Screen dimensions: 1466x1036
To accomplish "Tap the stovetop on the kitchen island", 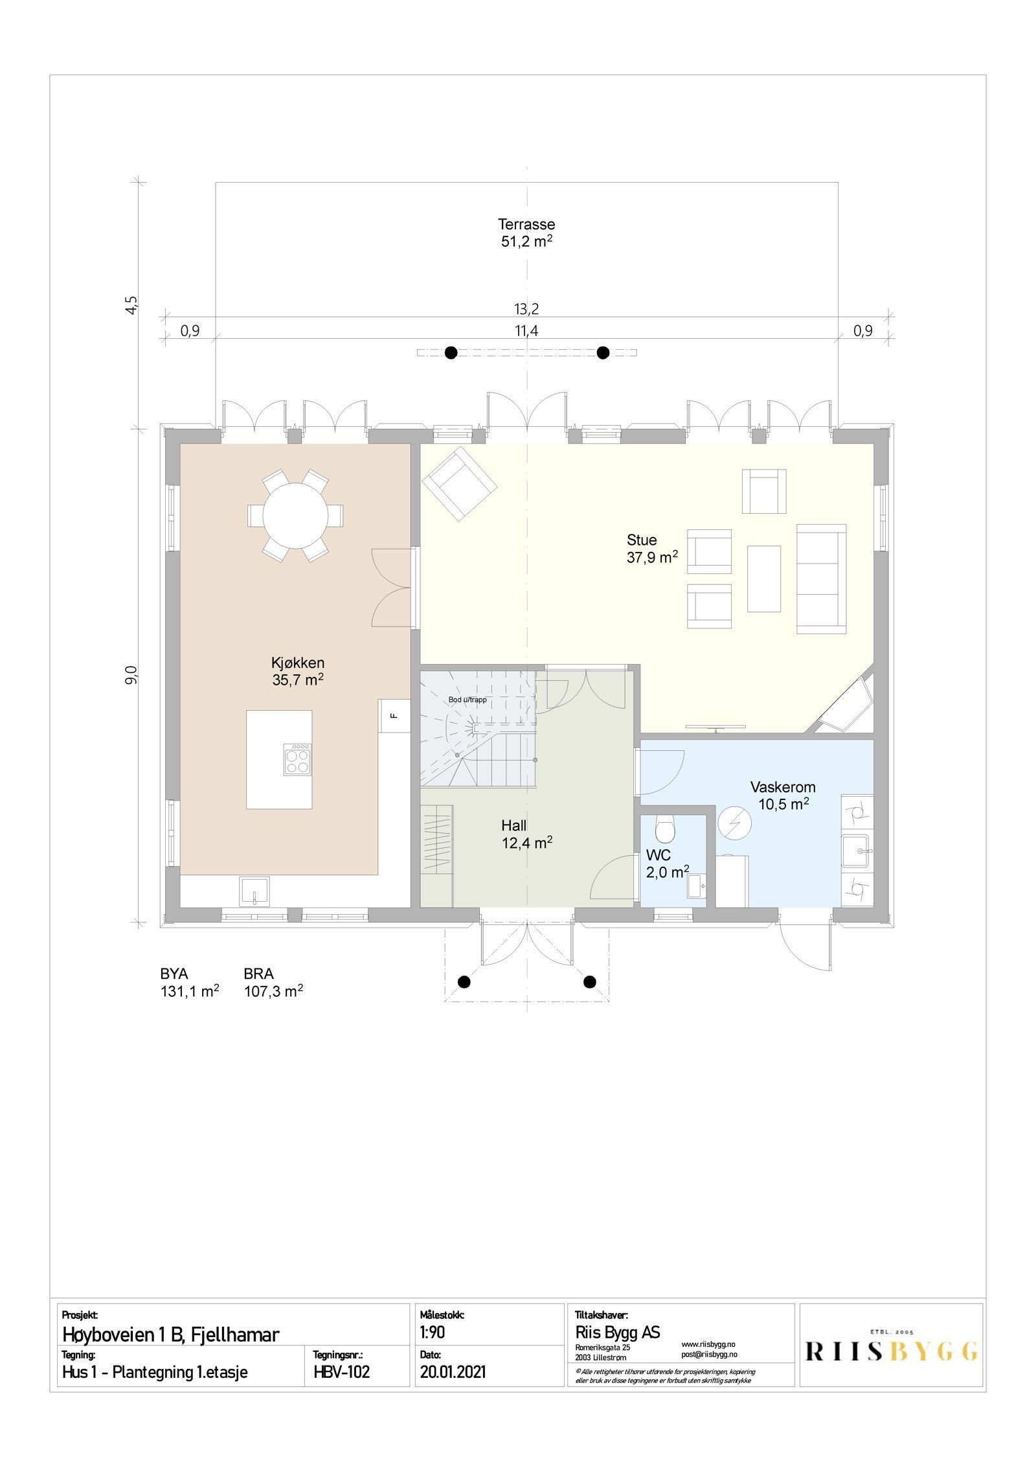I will pyautogui.click(x=298, y=759).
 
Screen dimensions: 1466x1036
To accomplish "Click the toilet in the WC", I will pyautogui.click(x=664, y=827).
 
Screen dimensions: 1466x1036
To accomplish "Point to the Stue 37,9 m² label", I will pyautogui.click(x=651, y=548).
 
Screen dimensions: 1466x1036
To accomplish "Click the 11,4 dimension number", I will pyautogui.click(x=526, y=331).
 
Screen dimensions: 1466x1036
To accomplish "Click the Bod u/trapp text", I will pyautogui.click(x=467, y=700).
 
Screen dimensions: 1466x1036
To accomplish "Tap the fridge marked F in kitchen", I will pyautogui.click(x=393, y=715).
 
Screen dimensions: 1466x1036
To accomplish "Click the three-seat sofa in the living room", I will pyautogui.click(x=820, y=578).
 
